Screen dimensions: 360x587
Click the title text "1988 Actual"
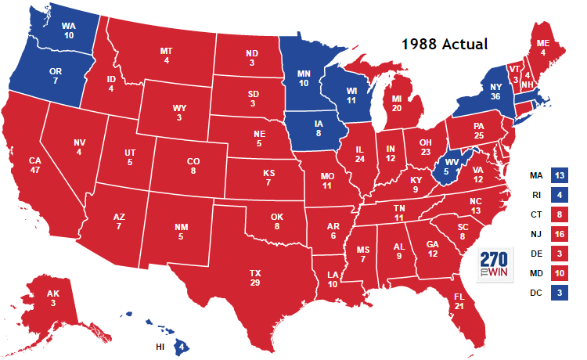tap(445, 45)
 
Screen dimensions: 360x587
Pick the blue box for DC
tap(559, 293)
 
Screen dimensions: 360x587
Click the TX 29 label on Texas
tap(255, 278)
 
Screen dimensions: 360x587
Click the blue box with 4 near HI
tap(182, 345)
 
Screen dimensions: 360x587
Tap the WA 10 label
tap(69, 30)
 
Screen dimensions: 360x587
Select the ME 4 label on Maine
tap(542, 48)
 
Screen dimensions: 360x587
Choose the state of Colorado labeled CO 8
tap(192, 165)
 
